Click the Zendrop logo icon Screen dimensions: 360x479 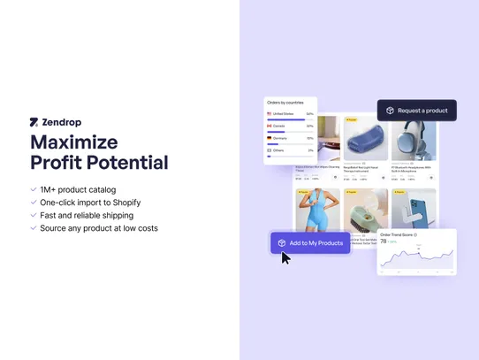pyautogui.click(x=34, y=122)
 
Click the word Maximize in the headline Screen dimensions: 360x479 pyautogui.click(x=73, y=142)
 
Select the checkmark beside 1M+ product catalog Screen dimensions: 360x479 pyautogui.click(x=33, y=189)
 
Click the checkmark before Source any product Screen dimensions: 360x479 pyautogui.click(x=33, y=228)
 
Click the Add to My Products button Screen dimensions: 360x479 pyautogui.click(x=310, y=243)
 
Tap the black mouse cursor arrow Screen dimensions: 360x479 pyautogui.click(x=285, y=257)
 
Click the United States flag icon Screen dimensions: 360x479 pyautogui.click(x=270, y=114)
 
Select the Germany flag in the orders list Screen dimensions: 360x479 pyautogui.click(x=270, y=138)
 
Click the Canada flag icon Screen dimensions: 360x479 pyautogui.click(x=270, y=126)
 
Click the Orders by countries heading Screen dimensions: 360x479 pyautogui.click(x=285, y=103)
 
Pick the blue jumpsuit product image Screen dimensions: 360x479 pyautogui.click(x=316, y=212)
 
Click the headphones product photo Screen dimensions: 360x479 pyautogui.click(x=414, y=139)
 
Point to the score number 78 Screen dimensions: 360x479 pyautogui.click(x=384, y=241)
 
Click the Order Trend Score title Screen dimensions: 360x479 pyautogui.click(x=397, y=234)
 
